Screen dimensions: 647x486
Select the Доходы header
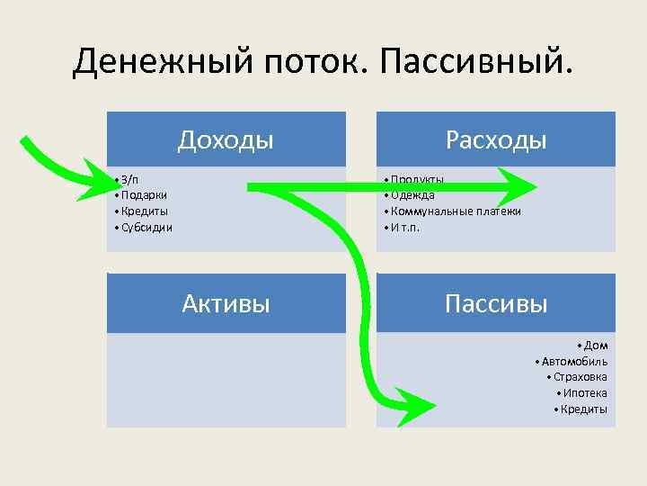[226, 139]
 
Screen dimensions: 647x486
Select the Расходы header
[495, 139]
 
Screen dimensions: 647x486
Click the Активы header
[226, 303]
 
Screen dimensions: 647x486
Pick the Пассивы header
[495, 303]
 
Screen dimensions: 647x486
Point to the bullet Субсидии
[146, 227]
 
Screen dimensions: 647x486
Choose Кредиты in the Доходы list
[145, 211]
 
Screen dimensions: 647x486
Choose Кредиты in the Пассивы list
[583, 409]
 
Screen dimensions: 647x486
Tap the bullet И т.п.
[405, 227]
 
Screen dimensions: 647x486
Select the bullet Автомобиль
[574, 361]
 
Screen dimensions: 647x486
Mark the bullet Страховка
[581, 377]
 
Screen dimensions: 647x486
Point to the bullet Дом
[595, 345]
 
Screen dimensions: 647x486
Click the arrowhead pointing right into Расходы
[518, 187]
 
